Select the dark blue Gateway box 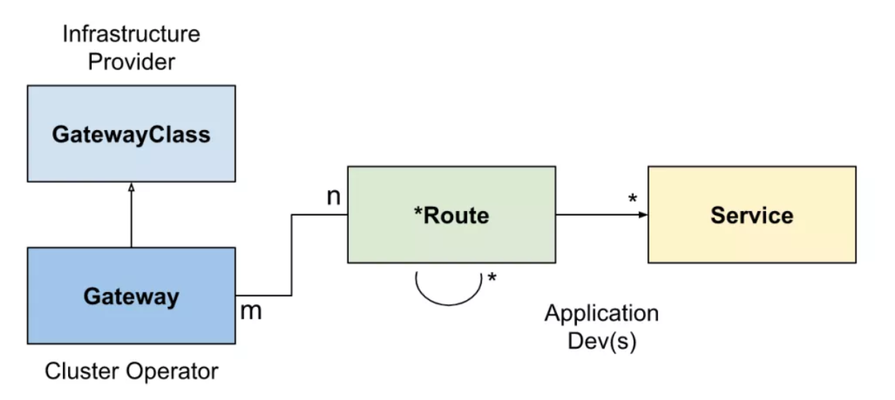(131, 296)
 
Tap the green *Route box (451, 215)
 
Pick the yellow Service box (752, 215)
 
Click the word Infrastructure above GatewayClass (131, 34)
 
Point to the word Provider (131, 62)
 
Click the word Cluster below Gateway (82, 371)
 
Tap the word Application (601, 313)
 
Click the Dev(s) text (601, 341)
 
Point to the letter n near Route (334, 197)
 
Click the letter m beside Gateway (250, 311)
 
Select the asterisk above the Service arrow (632, 199)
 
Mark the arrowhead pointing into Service (644, 215)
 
